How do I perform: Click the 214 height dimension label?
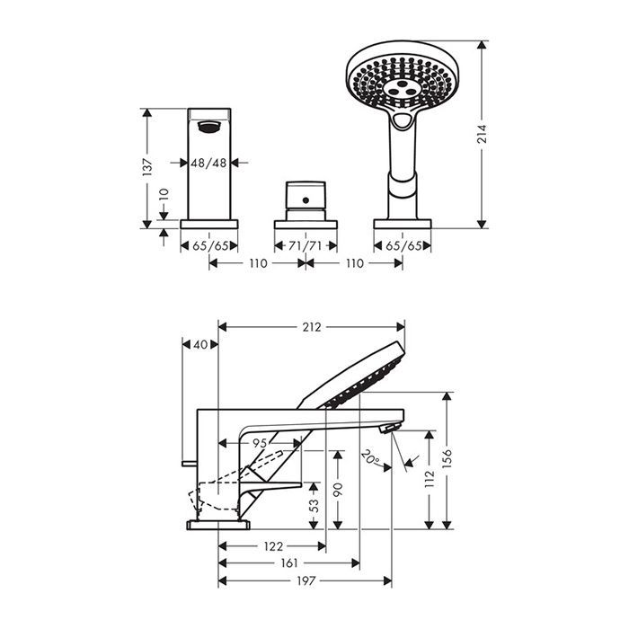[482, 134]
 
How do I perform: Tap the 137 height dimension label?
[147, 167]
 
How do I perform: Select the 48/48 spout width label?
[208, 163]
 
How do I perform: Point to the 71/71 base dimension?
[306, 245]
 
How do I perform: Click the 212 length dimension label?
[312, 327]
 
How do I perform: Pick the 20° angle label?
[370, 457]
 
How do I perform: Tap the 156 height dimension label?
[447, 458]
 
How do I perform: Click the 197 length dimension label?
[306, 580]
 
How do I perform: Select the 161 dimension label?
[288, 563]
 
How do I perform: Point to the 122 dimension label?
[273, 546]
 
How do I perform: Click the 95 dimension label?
[260, 443]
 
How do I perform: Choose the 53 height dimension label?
[314, 505]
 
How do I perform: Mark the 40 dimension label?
[200, 344]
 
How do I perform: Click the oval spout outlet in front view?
[209, 127]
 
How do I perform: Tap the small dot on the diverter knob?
[306, 199]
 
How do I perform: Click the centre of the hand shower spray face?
[400, 89]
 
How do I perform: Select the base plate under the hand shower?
[403, 224]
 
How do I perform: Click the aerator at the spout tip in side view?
[390, 428]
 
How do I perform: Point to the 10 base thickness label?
[164, 195]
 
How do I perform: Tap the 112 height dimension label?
[430, 479]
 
